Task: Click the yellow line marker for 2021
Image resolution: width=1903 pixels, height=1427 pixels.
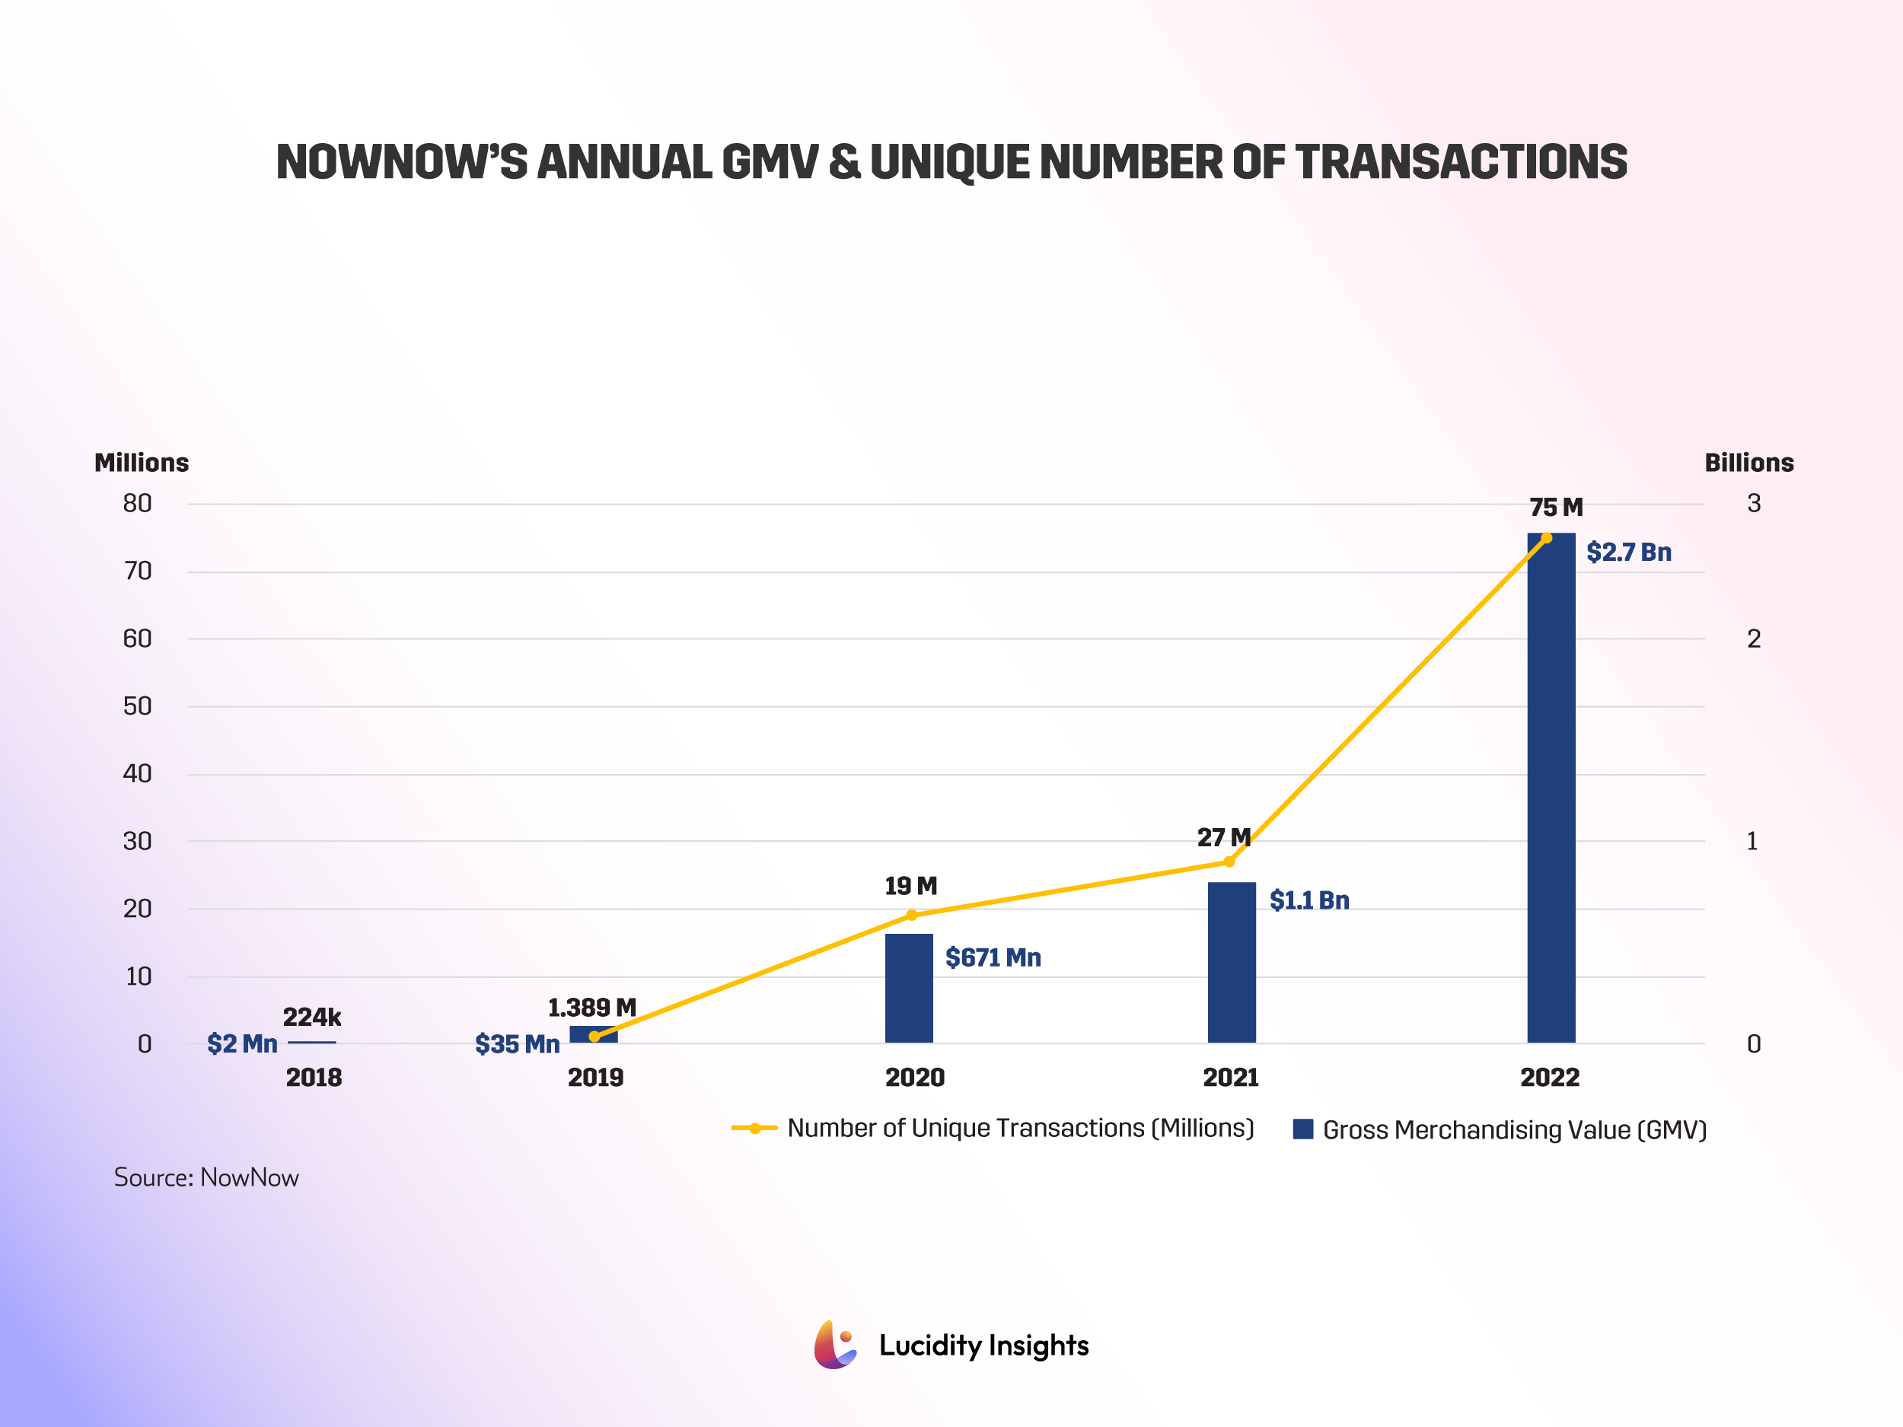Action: [x=1229, y=861]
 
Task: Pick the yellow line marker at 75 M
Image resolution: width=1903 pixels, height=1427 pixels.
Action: [x=1546, y=537]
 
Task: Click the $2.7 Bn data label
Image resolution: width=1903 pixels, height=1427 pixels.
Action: [x=1627, y=553]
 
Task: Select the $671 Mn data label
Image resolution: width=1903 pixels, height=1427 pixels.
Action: [x=993, y=957]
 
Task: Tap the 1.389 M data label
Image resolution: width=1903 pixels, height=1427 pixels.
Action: [x=592, y=1007]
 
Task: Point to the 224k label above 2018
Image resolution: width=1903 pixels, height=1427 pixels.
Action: [x=311, y=1017]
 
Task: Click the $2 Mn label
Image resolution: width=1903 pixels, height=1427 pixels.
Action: [x=242, y=1043]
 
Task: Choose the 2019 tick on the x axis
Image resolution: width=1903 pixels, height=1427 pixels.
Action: [x=595, y=1077]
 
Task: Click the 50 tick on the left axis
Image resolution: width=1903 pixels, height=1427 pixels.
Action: [x=137, y=706]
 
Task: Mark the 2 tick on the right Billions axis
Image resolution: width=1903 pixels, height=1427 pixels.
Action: [x=1753, y=639]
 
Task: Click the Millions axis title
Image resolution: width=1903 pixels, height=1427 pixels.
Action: [x=141, y=463]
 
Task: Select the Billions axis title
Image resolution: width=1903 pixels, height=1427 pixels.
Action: [x=1748, y=463]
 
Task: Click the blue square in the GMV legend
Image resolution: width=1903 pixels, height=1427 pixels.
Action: [x=1302, y=1129]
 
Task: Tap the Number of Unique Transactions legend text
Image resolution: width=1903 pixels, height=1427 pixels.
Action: [x=1020, y=1128]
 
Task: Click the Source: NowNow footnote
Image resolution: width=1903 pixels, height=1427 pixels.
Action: [x=206, y=1177]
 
